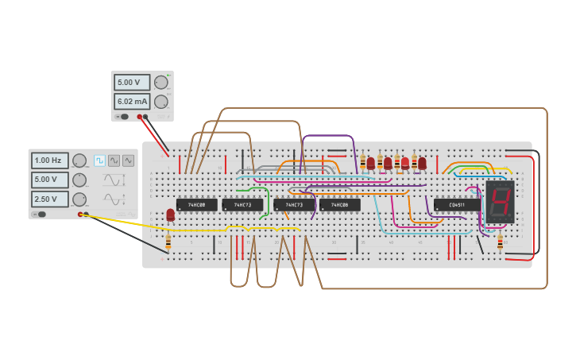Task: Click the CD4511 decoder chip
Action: point(457,205)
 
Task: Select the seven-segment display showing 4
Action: point(500,201)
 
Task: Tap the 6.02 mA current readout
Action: point(132,102)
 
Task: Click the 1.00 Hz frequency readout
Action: point(49,161)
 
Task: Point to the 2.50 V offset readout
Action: point(49,199)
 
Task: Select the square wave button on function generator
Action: point(99,161)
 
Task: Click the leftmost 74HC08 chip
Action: point(196,205)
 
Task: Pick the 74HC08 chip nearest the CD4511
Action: point(339,205)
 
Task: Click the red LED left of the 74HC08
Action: point(171,215)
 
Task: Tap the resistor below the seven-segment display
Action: point(500,241)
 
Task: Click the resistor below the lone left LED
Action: point(168,241)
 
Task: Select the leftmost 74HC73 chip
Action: point(242,205)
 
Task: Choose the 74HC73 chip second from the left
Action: point(294,205)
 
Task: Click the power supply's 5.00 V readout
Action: point(132,83)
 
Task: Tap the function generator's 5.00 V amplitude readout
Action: point(49,180)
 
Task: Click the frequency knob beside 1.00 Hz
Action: point(79,161)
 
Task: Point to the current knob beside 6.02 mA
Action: point(161,102)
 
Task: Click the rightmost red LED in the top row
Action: point(423,163)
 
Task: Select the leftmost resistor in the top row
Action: point(362,161)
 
